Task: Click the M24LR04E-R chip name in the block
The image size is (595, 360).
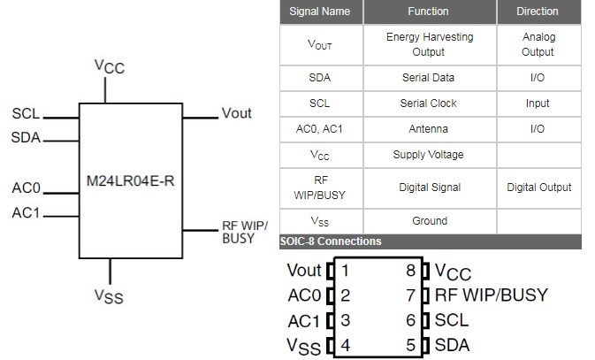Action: point(134,180)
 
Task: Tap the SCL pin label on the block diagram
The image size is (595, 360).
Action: point(26,115)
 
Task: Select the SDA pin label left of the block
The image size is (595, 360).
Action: point(27,139)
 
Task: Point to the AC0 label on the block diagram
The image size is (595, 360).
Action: point(27,188)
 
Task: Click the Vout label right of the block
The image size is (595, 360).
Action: point(236,113)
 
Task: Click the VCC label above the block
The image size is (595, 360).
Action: point(110,67)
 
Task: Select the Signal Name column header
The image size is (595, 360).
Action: point(320,11)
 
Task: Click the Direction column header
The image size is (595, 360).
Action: point(538,11)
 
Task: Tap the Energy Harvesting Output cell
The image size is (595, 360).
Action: point(430,44)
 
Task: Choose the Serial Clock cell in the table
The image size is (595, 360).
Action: point(430,103)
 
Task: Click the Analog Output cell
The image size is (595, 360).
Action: point(538,44)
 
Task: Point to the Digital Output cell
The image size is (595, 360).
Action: point(538,187)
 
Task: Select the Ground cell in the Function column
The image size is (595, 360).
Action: point(430,221)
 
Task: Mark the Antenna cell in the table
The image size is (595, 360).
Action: point(430,129)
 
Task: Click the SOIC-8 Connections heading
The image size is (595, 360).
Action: point(331,241)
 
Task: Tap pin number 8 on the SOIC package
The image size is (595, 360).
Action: point(410,270)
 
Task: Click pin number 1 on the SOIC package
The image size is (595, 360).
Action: point(346,270)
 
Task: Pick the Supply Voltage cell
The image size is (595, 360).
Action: point(430,155)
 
